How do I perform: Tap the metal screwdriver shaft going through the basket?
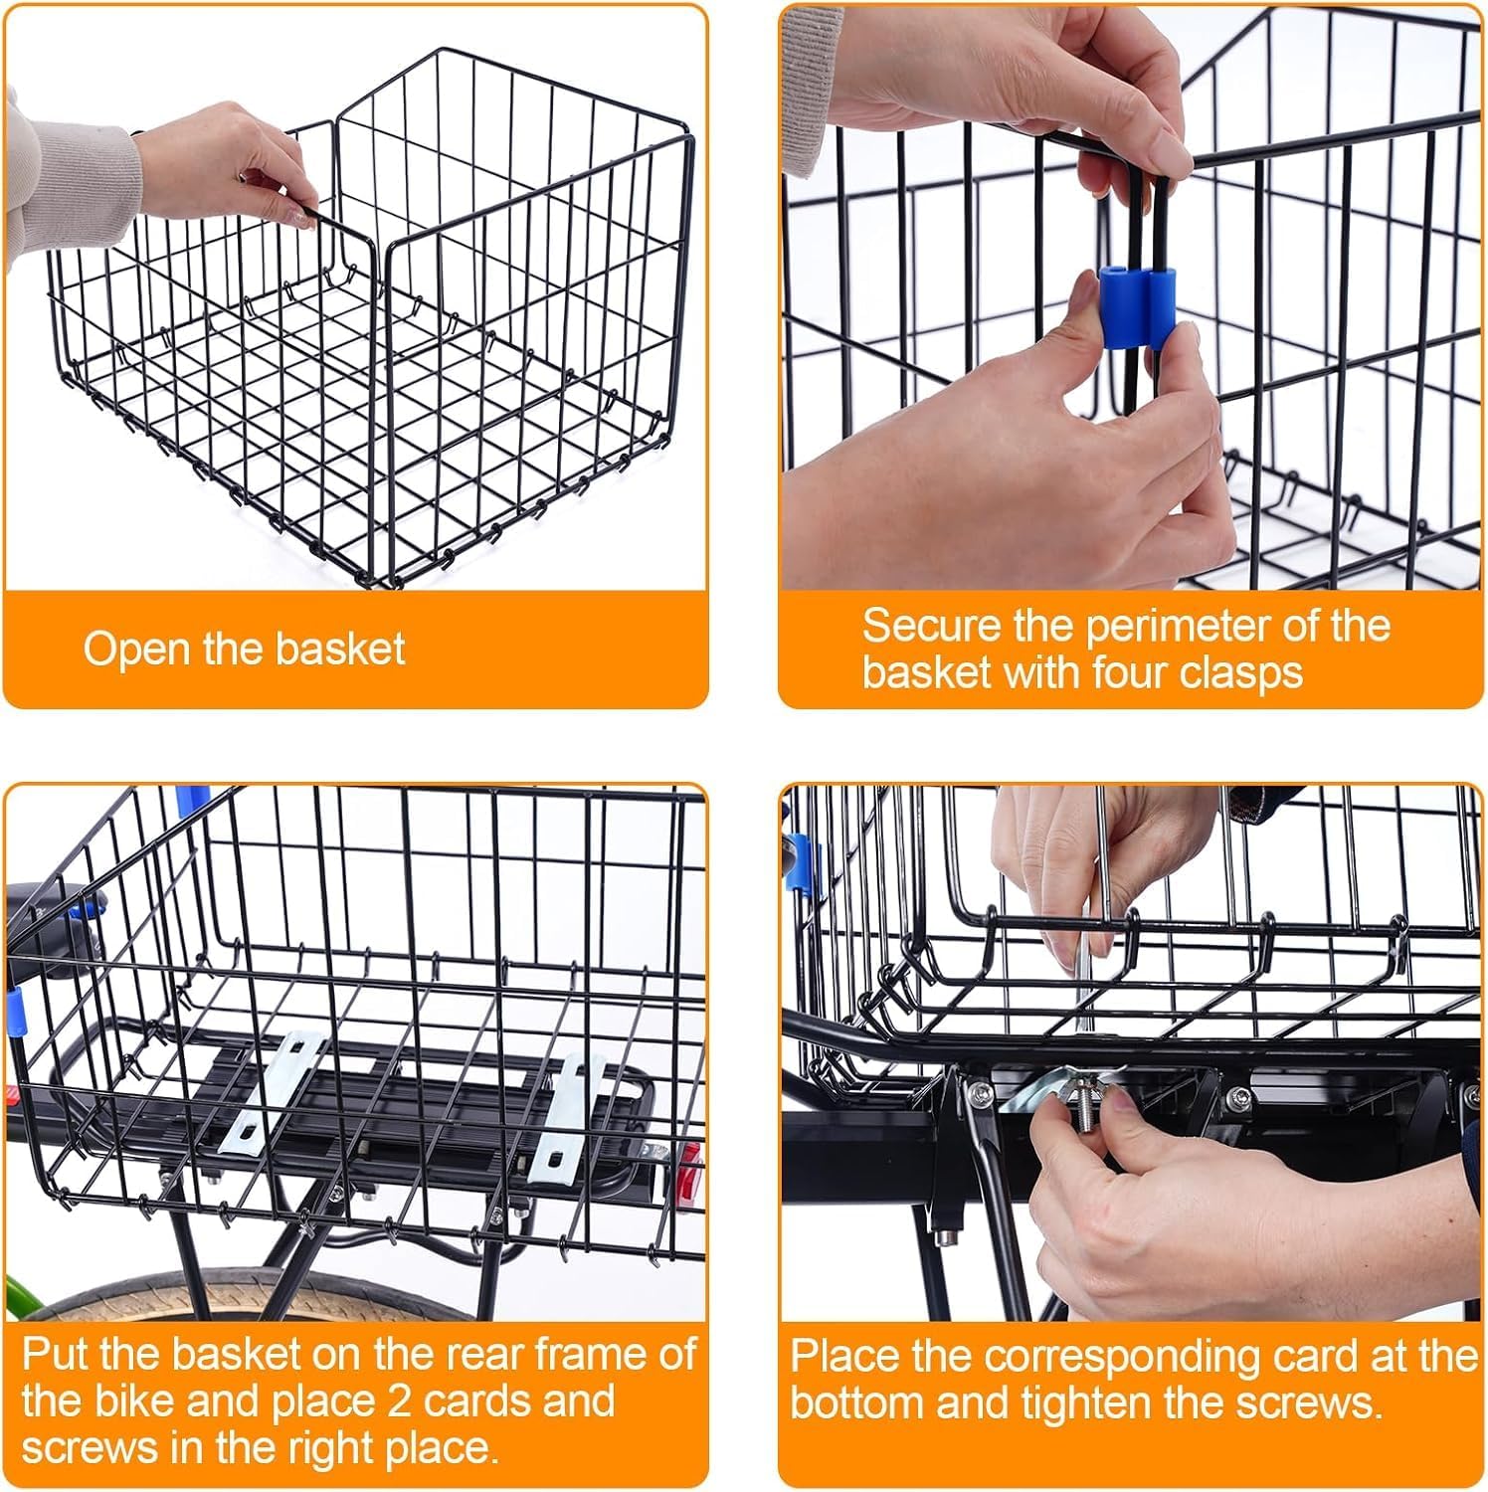coord(1091,955)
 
